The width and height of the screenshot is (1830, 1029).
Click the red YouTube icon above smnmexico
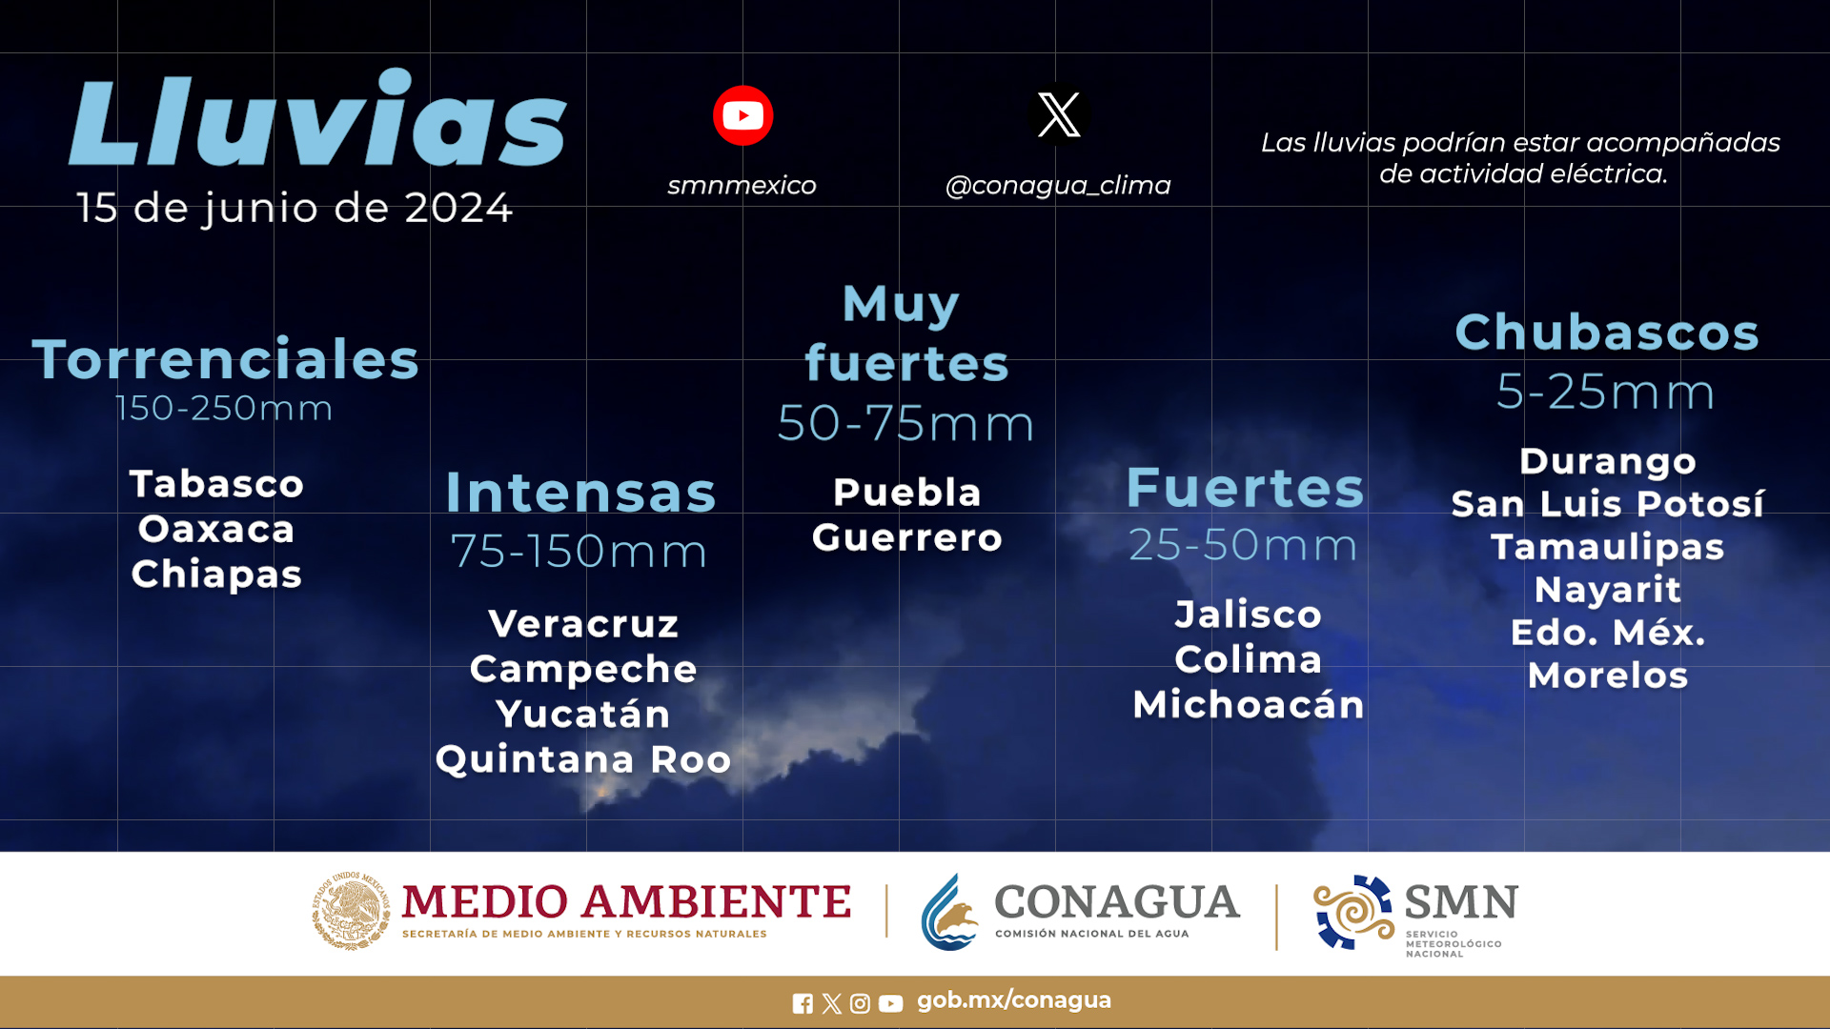tap(742, 115)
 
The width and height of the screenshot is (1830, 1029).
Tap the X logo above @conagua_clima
tap(1059, 114)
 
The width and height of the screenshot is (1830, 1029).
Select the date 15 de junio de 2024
tap(295, 208)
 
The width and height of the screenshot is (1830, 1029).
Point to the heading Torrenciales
tap(226, 359)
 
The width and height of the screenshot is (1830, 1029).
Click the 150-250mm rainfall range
tap(224, 408)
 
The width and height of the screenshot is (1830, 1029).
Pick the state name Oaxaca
tap(216, 529)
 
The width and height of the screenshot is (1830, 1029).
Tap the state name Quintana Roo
tap(583, 759)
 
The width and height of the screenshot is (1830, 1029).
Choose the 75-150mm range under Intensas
tap(579, 551)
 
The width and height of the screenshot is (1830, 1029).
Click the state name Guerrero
tap(907, 537)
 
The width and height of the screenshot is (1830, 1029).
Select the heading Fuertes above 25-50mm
tap(1246, 487)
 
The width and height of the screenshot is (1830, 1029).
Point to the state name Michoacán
tap(1249, 704)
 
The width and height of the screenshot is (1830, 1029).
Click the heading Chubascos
tap(1607, 332)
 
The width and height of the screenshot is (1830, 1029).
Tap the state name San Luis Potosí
tap(1608, 503)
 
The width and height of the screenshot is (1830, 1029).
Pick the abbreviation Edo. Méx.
tap(1608, 632)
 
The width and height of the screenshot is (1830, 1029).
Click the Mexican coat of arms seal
tap(351, 911)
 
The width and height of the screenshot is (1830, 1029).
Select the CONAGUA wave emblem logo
tap(950, 912)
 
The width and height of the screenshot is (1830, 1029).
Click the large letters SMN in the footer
tap(1462, 901)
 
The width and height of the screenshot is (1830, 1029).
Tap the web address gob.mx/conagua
tap(1014, 1000)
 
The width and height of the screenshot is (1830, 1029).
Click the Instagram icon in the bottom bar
tap(860, 1003)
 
